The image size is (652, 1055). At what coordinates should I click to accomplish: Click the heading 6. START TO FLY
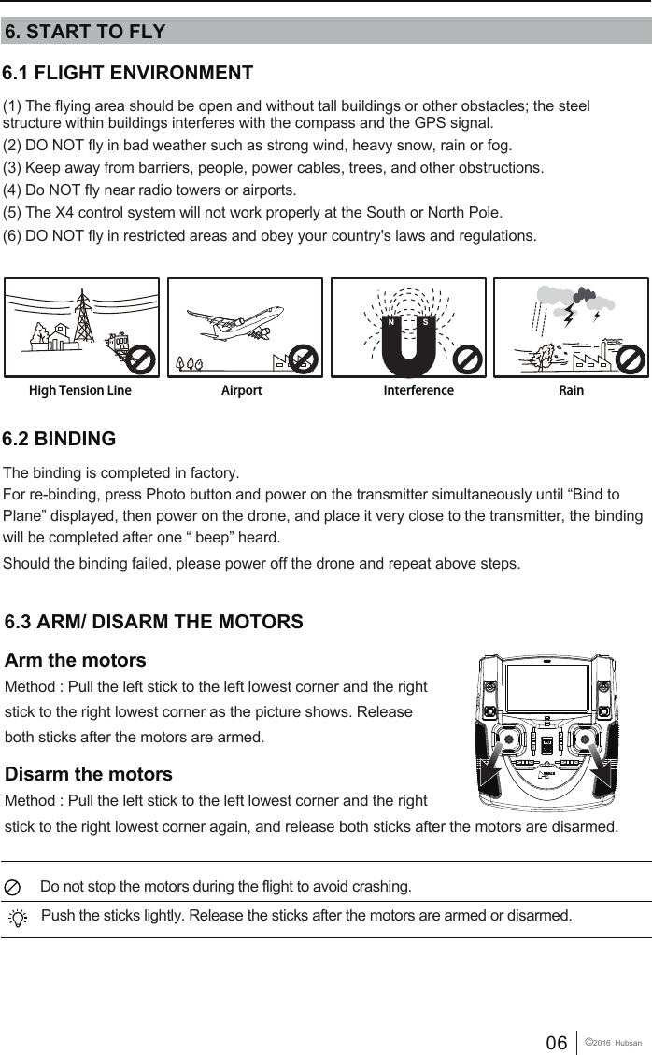tap(85, 32)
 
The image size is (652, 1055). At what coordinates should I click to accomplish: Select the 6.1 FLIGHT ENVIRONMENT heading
tap(129, 73)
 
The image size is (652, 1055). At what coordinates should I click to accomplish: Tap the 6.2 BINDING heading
tap(61, 439)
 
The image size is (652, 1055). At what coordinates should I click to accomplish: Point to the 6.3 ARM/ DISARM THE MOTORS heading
tap(154, 622)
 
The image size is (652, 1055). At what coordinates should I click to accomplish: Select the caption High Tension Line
tap(80, 390)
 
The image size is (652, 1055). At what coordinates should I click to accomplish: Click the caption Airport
tap(241, 390)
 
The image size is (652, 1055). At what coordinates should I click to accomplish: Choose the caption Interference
tap(418, 390)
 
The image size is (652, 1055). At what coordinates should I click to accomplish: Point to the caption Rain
tap(571, 390)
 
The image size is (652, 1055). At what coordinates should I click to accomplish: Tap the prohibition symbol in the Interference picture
tap(470, 359)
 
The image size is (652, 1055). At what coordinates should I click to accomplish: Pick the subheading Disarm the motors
tap(89, 774)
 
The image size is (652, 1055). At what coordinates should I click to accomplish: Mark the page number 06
tap(556, 1043)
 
